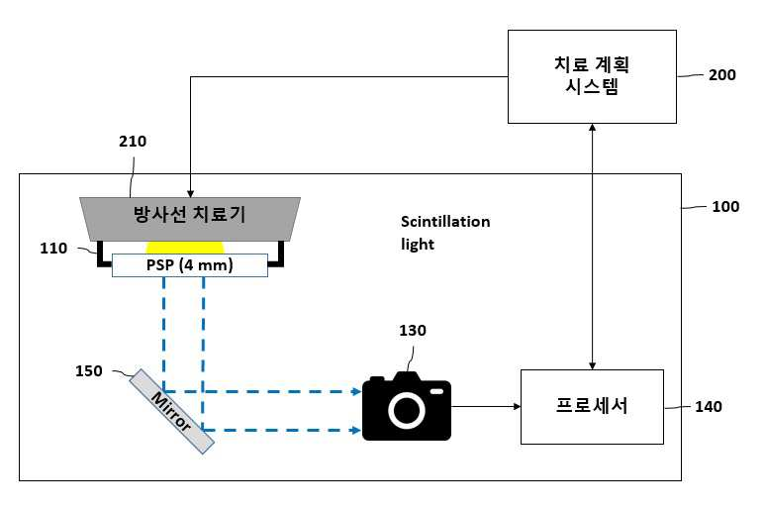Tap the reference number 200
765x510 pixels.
(722, 75)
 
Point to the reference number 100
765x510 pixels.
(725, 206)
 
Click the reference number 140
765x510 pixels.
(709, 407)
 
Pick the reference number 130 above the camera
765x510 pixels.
(413, 331)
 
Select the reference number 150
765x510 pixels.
(89, 371)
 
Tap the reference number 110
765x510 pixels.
(53, 249)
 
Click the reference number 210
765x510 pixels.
(133, 142)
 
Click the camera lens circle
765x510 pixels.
(407, 410)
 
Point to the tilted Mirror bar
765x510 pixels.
(172, 411)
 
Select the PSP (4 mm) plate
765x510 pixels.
(190, 265)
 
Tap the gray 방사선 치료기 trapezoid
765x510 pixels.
(190, 219)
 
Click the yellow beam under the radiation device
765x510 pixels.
(185, 248)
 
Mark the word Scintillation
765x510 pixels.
(445, 222)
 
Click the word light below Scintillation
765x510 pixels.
(418, 244)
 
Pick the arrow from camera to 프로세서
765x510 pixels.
(486, 406)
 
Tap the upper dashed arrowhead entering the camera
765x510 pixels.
(356, 391)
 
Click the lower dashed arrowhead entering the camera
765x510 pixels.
(356, 430)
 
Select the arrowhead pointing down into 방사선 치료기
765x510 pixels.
(190, 193)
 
